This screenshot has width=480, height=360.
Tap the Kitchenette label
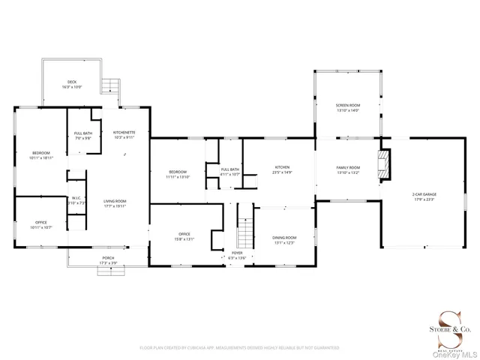point(124,135)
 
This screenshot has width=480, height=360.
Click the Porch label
point(109,260)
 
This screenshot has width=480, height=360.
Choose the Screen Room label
point(348,108)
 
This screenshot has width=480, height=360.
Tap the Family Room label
point(349,169)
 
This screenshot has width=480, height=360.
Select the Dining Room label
point(284,240)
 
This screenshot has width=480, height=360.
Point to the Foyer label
point(237,256)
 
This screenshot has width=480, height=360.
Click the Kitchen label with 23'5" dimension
point(282,169)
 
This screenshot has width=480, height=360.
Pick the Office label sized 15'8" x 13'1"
point(184,237)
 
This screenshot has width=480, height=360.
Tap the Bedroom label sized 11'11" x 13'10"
point(178,174)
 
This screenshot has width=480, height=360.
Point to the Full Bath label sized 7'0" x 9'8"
point(82,136)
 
